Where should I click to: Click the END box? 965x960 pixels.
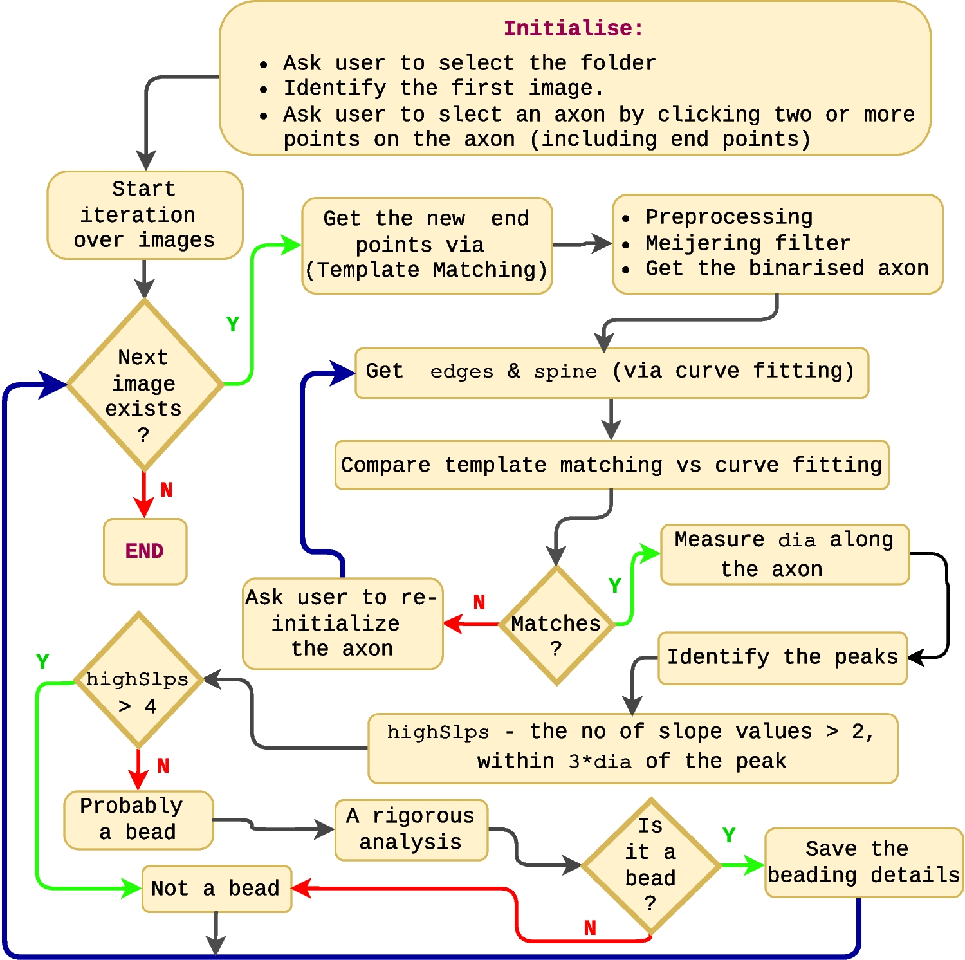[x=145, y=551]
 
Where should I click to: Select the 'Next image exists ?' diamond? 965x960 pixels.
[x=144, y=385]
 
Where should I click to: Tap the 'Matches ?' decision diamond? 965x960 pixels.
[x=556, y=625]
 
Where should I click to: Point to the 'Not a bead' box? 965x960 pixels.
[x=216, y=889]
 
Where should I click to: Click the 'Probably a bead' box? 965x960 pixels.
[x=138, y=820]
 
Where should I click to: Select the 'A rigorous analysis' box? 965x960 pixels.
[x=411, y=829]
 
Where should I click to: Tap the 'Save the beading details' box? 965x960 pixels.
[x=863, y=862]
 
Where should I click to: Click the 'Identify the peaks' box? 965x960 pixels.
[x=782, y=658]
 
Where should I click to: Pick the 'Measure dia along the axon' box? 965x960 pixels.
[x=785, y=554]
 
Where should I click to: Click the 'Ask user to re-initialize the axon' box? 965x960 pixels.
[x=342, y=623]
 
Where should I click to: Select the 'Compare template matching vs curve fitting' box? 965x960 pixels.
[x=611, y=465]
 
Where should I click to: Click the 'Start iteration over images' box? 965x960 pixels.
[x=145, y=215]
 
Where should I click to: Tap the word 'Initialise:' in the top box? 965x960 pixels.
[x=573, y=28]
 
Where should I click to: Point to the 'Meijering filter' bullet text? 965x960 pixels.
[x=748, y=243]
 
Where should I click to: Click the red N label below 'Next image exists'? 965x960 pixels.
[x=167, y=490]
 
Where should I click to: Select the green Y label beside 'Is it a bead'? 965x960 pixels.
[x=729, y=835]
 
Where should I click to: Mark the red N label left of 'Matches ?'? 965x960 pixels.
[x=479, y=602]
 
